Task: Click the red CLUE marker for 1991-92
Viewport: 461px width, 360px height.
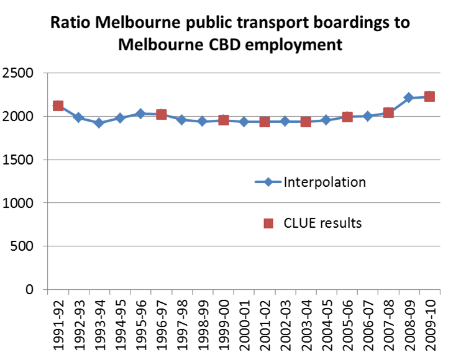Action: click(58, 106)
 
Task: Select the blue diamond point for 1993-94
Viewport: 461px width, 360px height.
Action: click(99, 123)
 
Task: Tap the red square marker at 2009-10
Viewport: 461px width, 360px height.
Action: click(429, 96)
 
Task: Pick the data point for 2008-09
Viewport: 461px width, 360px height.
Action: click(408, 97)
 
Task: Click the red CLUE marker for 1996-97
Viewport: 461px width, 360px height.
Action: click(161, 114)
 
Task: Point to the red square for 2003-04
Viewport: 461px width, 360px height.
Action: click(305, 122)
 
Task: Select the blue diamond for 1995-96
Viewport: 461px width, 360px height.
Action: click(140, 114)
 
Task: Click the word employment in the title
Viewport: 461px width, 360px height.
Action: click(301, 45)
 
